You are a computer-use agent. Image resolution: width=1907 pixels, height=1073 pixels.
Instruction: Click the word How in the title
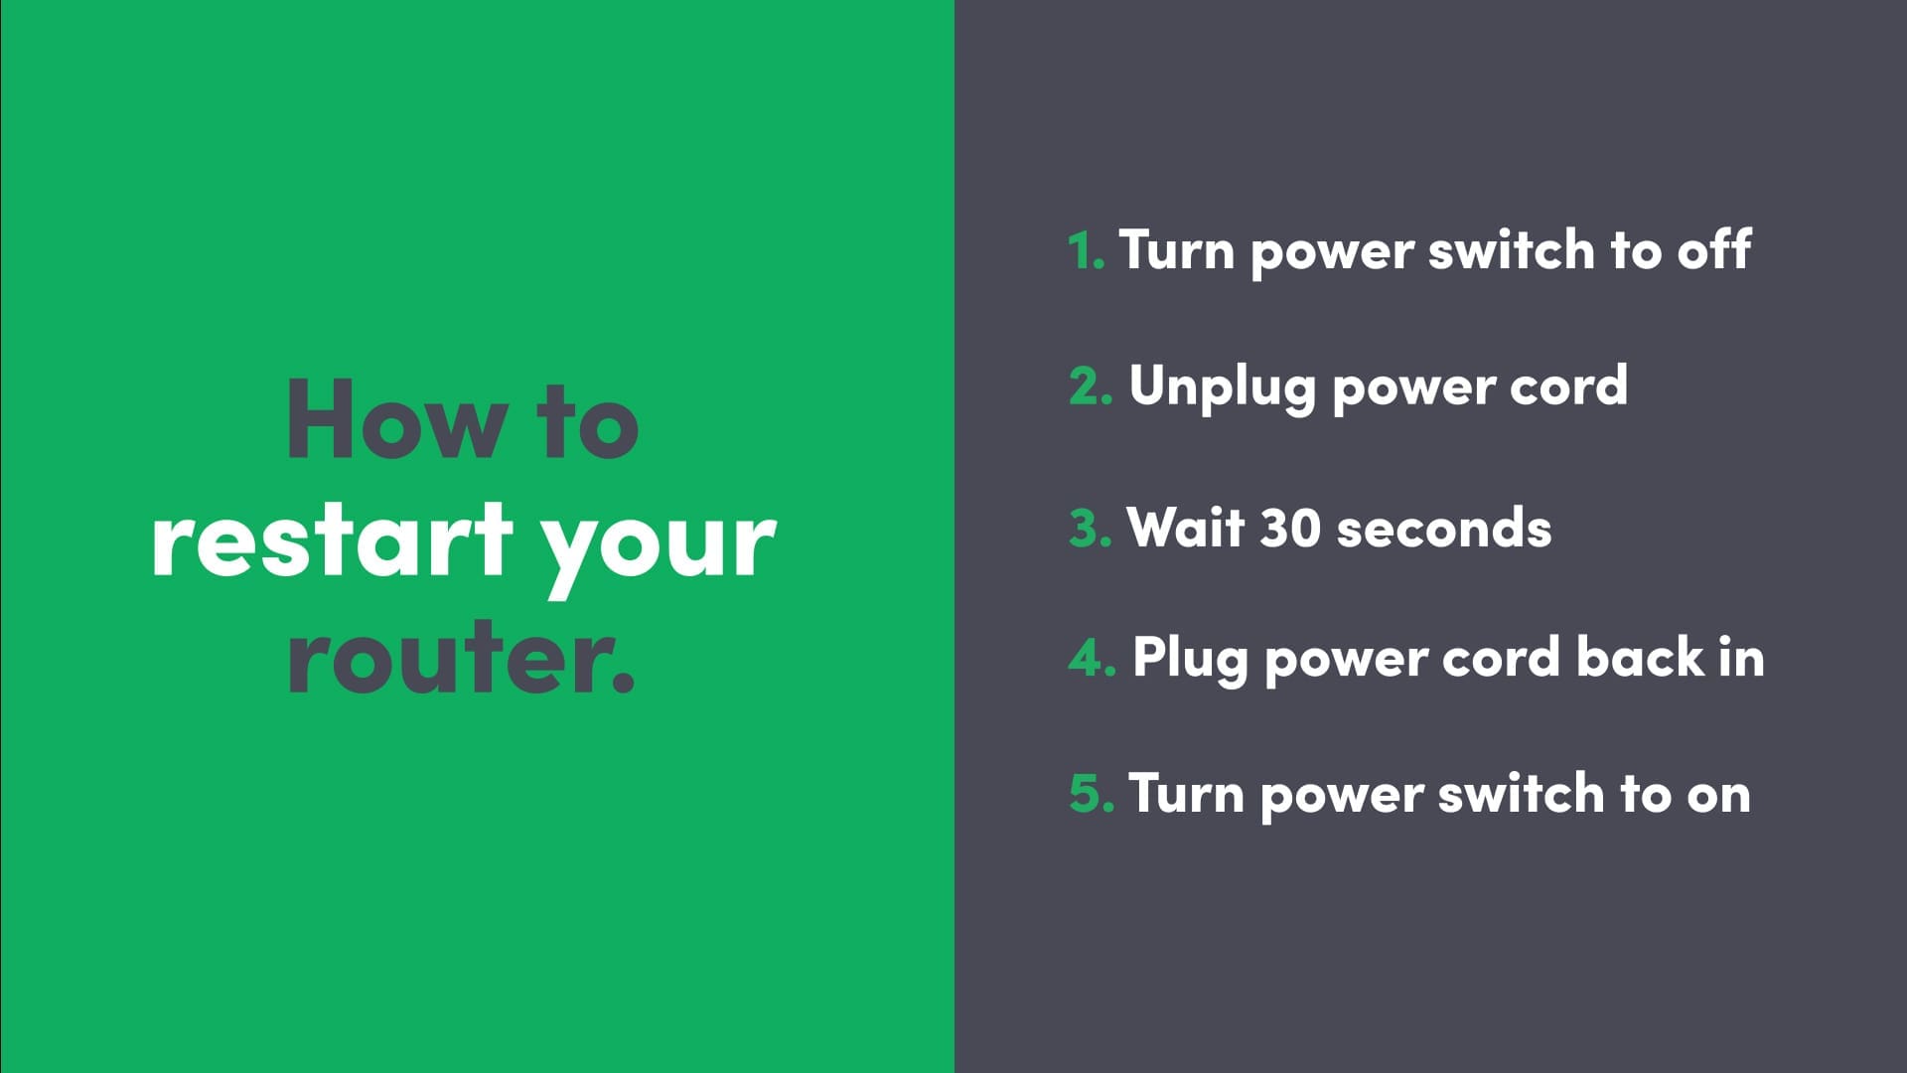(396, 419)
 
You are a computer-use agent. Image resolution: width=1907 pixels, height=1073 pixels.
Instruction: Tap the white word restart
(333, 538)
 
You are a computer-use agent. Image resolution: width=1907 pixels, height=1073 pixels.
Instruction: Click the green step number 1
(1086, 250)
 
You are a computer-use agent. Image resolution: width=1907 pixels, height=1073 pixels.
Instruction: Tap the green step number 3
(1090, 529)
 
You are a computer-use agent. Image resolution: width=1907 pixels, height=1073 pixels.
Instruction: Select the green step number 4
(1092, 659)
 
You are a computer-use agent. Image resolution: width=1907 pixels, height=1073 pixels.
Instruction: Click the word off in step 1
(1714, 248)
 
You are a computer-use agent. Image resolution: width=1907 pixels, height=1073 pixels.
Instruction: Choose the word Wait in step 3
(1186, 527)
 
